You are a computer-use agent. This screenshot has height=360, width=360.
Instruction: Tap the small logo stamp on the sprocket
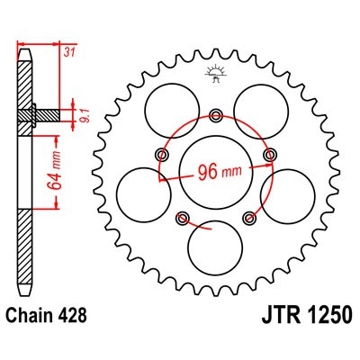(215, 76)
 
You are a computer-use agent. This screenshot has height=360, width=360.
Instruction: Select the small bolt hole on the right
(268, 155)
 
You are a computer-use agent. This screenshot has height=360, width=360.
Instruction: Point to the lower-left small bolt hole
(183, 216)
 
